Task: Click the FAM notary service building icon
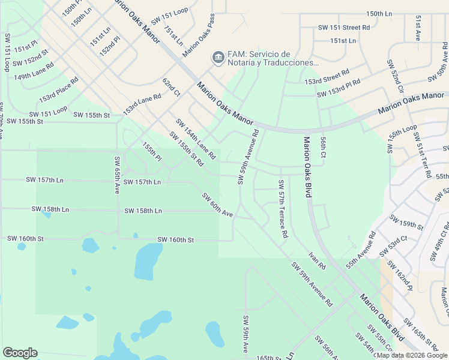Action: tap(217, 58)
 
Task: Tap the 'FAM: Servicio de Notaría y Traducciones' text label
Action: tap(271, 58)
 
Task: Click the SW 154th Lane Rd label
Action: tap(196, 139)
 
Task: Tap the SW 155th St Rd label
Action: tap(186, 149)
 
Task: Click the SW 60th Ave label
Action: tap(217, 205)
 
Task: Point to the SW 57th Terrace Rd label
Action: tap(282, 208)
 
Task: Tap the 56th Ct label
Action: tap(323, 146)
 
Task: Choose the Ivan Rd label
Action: tap(317, 261)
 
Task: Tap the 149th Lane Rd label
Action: tap(34, 71)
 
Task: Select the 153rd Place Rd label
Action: tap(59, 89)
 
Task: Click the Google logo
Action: tap(20, 353)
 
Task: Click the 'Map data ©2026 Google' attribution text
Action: tap(411, 355)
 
